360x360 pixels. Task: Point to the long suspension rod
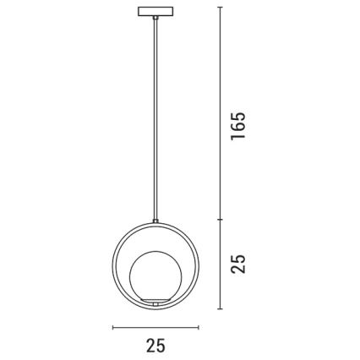click(155, 118)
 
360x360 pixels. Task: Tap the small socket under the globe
click(156, 301)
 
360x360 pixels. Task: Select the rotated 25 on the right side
click(239, 263)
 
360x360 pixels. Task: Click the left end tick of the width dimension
click(112, 328)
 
